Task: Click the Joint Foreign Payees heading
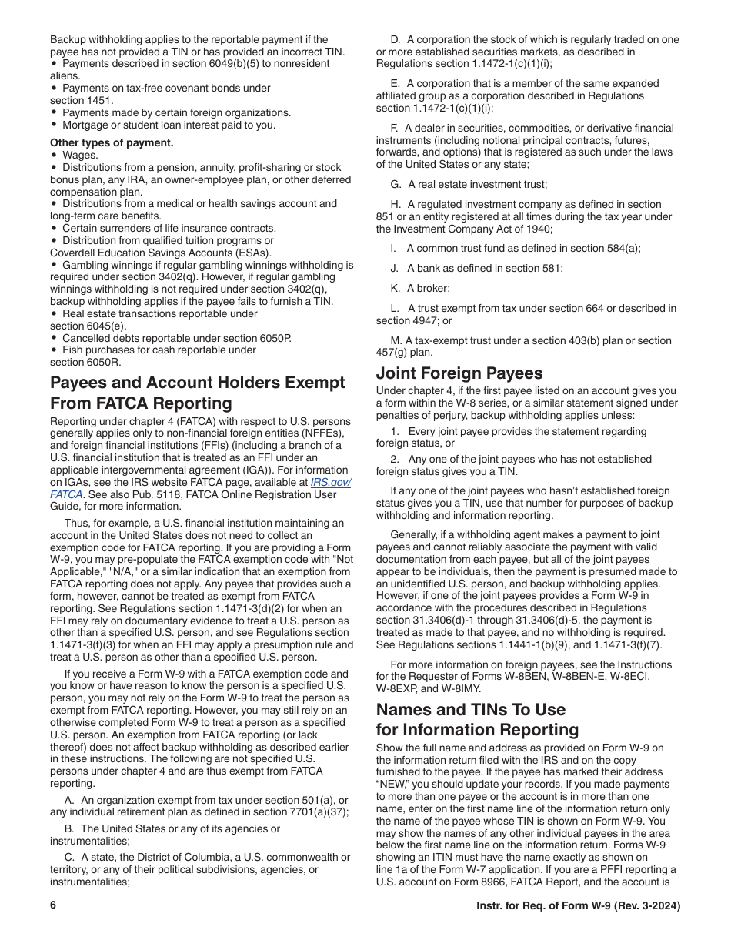(459, 373)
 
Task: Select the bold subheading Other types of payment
(112, 142)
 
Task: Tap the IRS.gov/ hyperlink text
(330, 482)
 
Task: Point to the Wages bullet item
(80, 155)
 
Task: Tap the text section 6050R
(85, 362)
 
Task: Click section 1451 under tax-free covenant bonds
(82, 101)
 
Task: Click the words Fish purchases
(101, 350)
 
